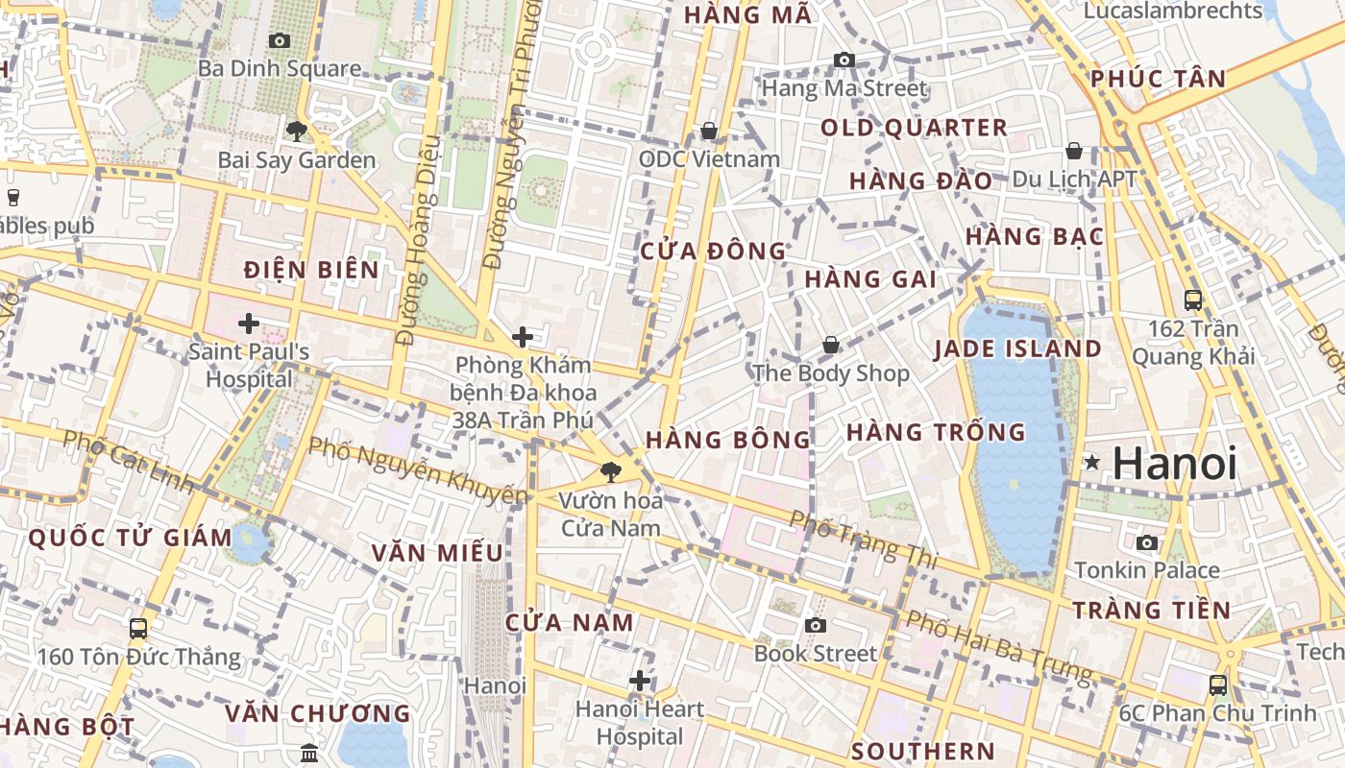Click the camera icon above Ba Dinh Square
pyautogui.click(x=280, y=40)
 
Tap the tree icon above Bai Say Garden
pyautogui.click(x=296, y=131)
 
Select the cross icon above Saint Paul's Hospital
pyautogui.click(x=249, y=324)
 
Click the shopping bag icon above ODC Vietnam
pyautogui.click(x=709, y=130)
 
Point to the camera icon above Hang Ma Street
pyautogui.click(x=844, y=60)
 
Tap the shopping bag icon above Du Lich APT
pyautogui.click(x=1074, y=151)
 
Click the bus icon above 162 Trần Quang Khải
pyautogui.click(x=1193, y=300)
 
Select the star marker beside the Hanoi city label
pyautogui.click(x=1091, y=463)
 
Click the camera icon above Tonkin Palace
pyautogui.click(x=1146, y=542)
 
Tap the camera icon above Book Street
pyautogui.click(x=815, y=626)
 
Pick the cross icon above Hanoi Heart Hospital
pyautogui.click(x=640, y=681)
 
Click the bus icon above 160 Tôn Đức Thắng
pyautogui.click(x=138, y=629)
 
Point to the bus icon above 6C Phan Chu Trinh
pyautogui.click(x=1218, y=684)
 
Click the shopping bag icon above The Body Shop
pyautogui.click(x=831, y=345)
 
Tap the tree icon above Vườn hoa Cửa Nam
pyautogui.click(x=609, y=471)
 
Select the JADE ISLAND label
pyautogui.click(x=1017, y=348)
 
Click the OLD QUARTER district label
pyautogui.click(x=914, y=128)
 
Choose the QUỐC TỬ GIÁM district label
pyautogui.click(x=130, y=538)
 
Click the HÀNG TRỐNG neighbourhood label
pyautogui.click(x=936, y=432)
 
